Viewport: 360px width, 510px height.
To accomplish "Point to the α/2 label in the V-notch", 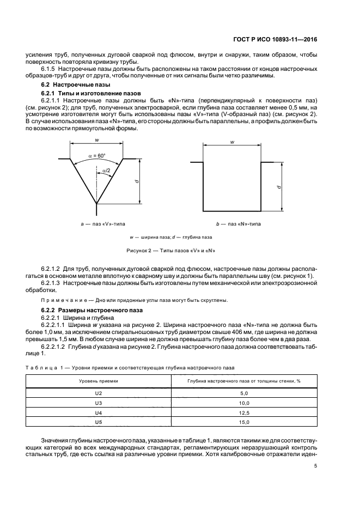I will [106, 171].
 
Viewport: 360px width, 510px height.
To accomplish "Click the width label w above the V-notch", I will [96, 140].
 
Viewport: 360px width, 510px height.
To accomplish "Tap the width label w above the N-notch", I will [233, 142].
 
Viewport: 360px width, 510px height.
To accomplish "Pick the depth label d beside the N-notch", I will [279, 186].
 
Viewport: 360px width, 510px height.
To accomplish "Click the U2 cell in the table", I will [99, 393].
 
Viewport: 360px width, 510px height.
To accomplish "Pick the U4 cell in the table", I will [99, 412].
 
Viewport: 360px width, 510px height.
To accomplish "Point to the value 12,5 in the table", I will [244, 412].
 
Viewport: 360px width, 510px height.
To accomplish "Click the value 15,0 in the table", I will [244, 422].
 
